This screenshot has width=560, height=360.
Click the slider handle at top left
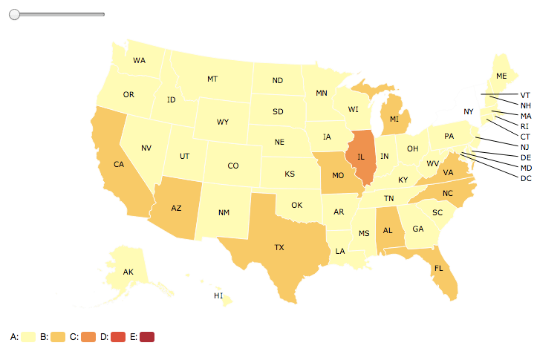point(14,14)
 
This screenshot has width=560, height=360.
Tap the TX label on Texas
point(279,247)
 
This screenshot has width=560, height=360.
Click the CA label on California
point(118,165)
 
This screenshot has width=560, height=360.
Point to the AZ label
point(176,208)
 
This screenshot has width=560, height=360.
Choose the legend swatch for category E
point(146,337)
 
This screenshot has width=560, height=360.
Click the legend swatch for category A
point(28,337)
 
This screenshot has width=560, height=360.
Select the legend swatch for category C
point(87,337)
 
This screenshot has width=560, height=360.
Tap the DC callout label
point(526,178)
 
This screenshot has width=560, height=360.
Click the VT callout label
point(525,95)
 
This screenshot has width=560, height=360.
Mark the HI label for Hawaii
point(218,295)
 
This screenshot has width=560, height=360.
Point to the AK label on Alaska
point(128,272)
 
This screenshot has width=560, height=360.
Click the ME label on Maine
point(501,76)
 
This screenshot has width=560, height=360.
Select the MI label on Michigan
point(394,118)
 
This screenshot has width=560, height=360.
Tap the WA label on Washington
point(139,60)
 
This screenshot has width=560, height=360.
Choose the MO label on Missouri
point(338,176)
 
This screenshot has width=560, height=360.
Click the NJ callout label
point(525,147)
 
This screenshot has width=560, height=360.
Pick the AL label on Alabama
point(387,230)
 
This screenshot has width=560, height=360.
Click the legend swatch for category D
point(117,337)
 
